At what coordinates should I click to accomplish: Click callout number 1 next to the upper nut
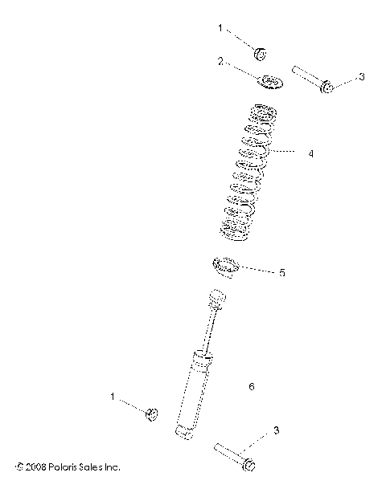220,28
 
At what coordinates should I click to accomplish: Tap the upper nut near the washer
261,54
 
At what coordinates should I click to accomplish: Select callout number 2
220,60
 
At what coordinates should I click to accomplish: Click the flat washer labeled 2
269,82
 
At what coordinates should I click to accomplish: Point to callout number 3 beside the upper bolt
362,76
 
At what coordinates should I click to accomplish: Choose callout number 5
281,273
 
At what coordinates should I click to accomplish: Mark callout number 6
252,386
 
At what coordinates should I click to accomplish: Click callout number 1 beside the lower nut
113,396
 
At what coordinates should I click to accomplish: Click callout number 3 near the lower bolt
276,431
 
